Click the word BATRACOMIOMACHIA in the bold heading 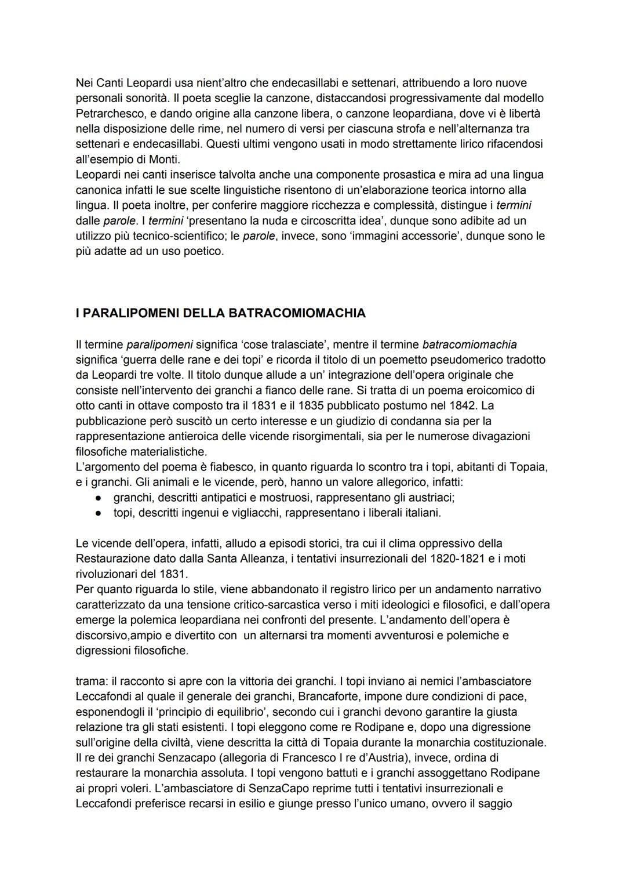[297, 313]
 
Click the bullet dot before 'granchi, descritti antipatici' [100, 498]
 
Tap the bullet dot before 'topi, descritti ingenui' [100, 513]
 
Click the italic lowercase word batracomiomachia [469, 344]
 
